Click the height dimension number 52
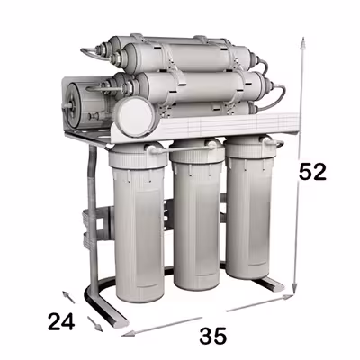point(312,172)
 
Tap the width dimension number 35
point(213,336)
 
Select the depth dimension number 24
point(61,321)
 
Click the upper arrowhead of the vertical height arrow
point(303,43)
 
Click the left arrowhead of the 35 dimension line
point(129,333)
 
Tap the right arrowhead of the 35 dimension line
point(286,297)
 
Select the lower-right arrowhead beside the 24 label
point(99,328)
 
